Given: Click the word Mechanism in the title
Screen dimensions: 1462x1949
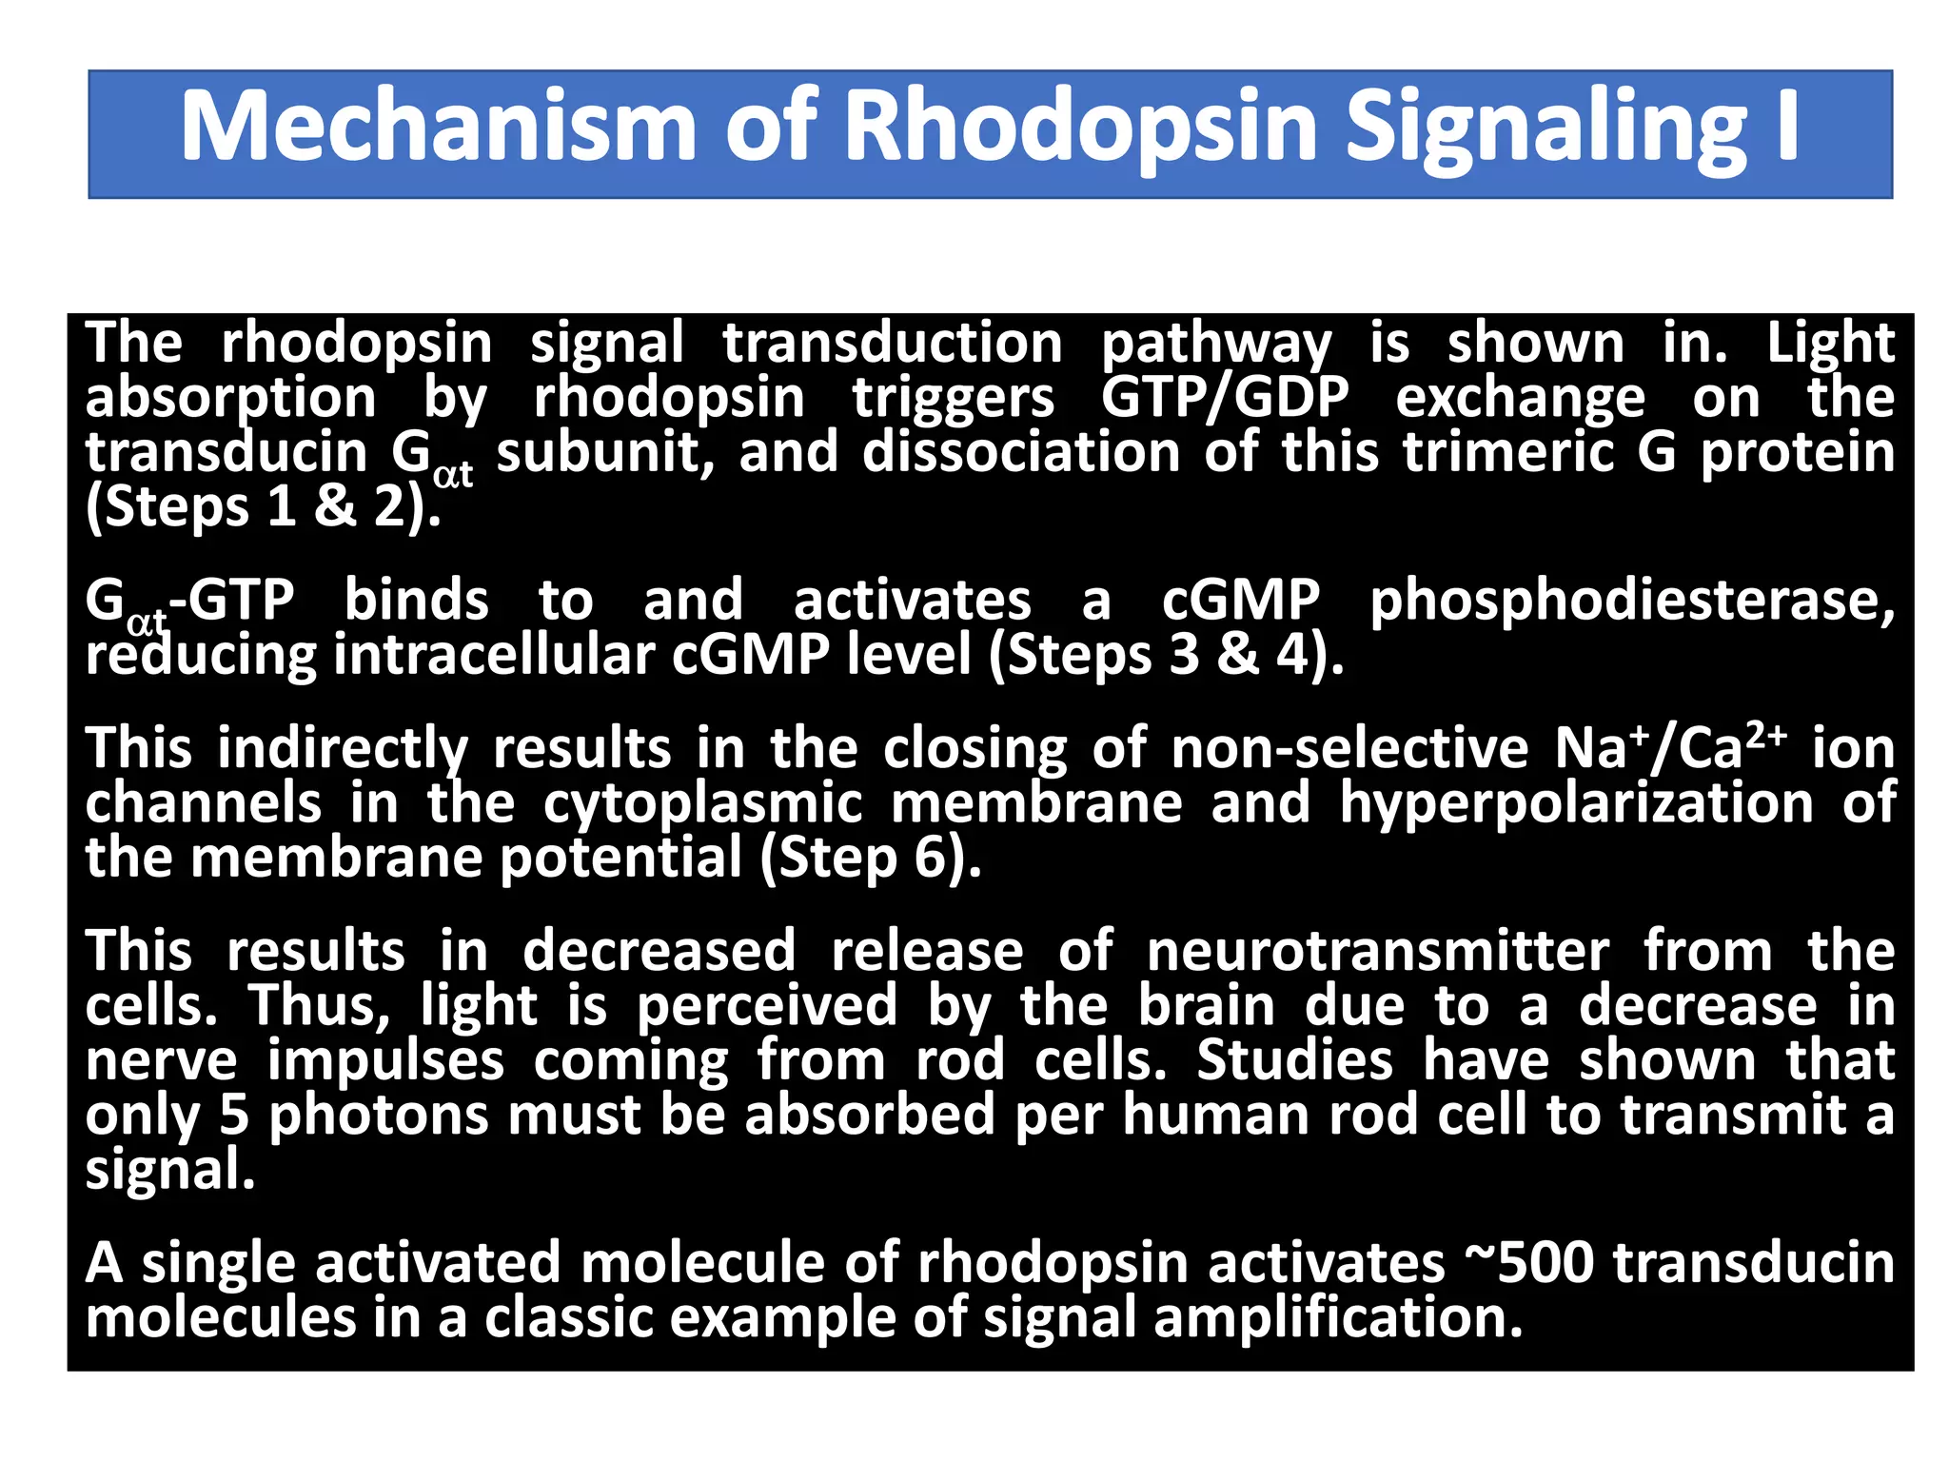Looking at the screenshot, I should click(439, 127).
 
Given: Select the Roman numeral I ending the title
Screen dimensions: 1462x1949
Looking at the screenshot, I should click(1787, 127).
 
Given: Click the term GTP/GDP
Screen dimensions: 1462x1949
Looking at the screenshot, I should click(1225, 397).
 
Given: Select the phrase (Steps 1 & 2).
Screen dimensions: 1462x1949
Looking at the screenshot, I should click(264, 507).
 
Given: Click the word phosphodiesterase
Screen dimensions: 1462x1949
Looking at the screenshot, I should click(1631, 601).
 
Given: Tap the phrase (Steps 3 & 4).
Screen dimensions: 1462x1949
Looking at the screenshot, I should click(1166, 656).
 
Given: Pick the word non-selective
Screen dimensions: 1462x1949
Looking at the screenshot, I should click(1349, 748).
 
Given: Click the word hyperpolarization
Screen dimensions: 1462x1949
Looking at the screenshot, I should click(1576, 803).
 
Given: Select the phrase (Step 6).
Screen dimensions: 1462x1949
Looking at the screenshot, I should click(871, 859).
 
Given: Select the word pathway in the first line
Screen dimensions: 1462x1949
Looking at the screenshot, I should click(1216, 344).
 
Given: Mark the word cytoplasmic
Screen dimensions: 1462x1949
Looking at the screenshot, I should click(703, 805).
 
